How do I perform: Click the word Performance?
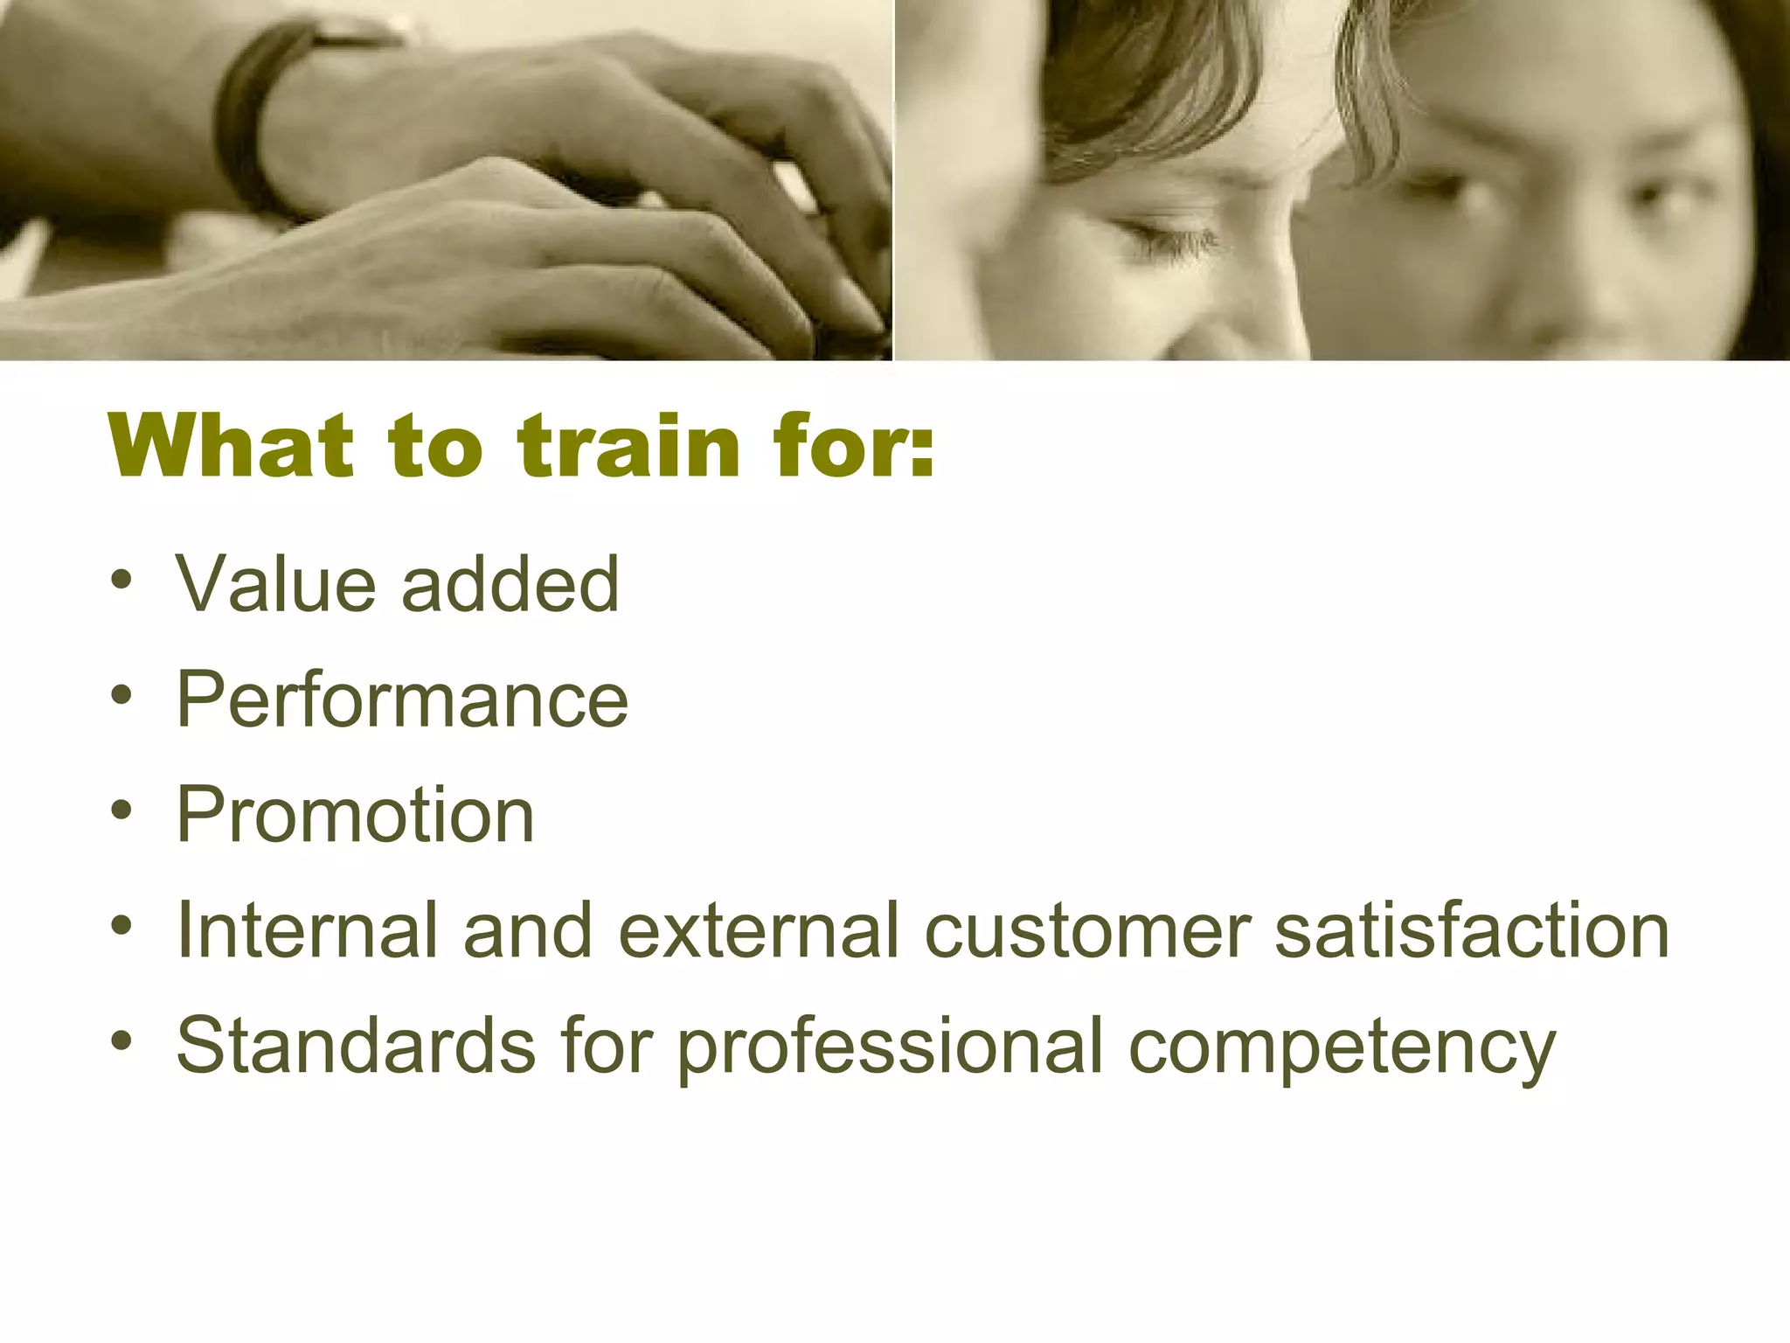402,699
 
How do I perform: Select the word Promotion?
355,815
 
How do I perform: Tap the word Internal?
306,930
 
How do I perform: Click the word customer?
1088,930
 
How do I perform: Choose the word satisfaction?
1472,930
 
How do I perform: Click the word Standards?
356,1046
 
